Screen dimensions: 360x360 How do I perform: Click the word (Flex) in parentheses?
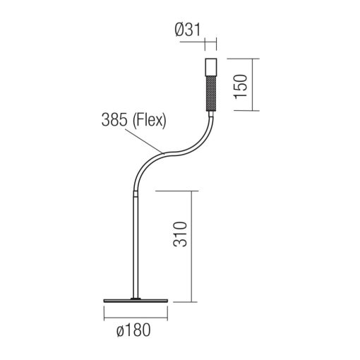tap(148, 121)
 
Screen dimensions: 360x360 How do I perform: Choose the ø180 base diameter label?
tap(133, 330)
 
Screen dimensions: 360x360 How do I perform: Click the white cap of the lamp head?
tap(210, 68)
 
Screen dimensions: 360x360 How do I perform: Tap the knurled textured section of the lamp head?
tap(210, 95)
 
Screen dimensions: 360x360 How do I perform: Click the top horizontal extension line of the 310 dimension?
tap(176, 191)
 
